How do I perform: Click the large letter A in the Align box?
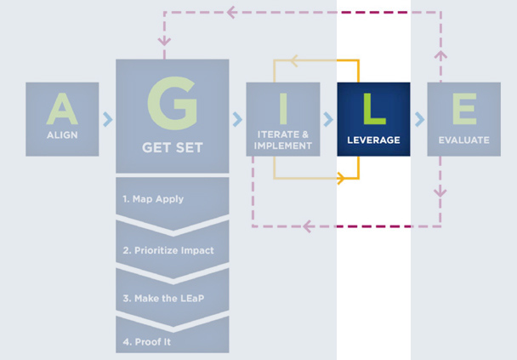(x=62, y=108)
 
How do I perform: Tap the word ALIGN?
(x=62, y=136)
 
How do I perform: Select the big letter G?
(x=172, y=100)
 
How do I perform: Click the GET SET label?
(x=172, y=147)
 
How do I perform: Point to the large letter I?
(x=283, y=108)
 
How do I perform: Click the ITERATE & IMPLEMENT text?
(x=283, y=140)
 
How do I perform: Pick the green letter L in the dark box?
(x=373, y=108)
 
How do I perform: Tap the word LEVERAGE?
(x=373, y=140)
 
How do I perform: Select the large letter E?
(x=463, y=108)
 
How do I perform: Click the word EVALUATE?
(x=463, y=140)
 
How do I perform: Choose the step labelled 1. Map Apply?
(x=154, y=199)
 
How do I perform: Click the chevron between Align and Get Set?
(x=107, y=119)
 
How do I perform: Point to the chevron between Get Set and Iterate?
(x=237, y=119)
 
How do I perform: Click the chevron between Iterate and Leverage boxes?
(x=328, y=119)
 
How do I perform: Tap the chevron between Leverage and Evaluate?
(x=419, y=119)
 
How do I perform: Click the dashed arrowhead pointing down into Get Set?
(x=163, y=40)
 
